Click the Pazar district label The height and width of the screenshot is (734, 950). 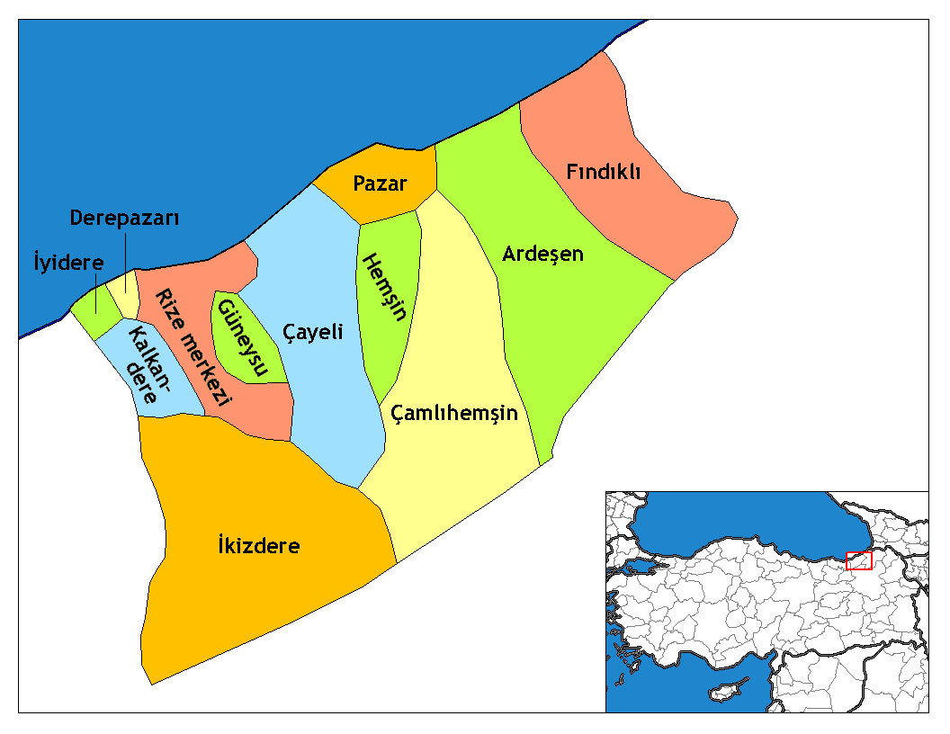(x=380, y=184)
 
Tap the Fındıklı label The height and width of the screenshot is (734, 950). (x=604, y=171)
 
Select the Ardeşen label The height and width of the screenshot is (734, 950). (x=542, y=254)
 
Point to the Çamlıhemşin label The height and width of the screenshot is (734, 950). (x=454, y=413)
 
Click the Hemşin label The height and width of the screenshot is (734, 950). (x=384, y=287)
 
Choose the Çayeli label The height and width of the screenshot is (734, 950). (x=313, y=332)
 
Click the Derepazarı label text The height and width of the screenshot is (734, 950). (x=125, y=219)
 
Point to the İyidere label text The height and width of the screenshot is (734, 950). (x=68, y=264)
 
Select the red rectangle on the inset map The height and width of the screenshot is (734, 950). (x=859, y=560)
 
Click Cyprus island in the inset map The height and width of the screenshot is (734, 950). (x=725, y=694)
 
